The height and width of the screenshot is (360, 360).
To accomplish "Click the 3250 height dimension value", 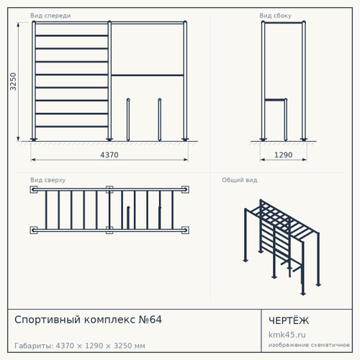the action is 13,81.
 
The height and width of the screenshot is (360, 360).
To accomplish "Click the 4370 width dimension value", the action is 109,155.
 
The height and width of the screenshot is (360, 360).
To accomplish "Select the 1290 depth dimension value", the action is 283,155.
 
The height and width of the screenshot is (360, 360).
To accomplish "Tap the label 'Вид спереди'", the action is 50,16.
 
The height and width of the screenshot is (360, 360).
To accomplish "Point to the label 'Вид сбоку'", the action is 275,16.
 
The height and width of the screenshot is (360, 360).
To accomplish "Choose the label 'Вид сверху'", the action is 48,180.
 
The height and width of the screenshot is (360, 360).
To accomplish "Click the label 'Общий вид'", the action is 240,180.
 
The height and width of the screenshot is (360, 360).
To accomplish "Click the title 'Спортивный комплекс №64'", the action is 88,320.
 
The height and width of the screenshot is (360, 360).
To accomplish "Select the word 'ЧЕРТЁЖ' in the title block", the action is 289,320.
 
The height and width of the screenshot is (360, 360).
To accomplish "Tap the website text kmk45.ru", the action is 287,335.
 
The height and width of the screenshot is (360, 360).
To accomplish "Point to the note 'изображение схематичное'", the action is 309,345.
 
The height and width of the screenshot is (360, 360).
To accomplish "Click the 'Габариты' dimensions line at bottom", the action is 80,346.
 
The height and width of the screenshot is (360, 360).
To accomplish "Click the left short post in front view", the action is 128,120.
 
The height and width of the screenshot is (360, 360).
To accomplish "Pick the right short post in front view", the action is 160,120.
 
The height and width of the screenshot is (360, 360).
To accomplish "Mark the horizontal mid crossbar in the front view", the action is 148,76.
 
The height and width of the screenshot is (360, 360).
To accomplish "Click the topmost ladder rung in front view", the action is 71,36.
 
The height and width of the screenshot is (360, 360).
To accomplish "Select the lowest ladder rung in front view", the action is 71,126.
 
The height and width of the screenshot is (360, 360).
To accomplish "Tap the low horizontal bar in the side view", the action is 275,99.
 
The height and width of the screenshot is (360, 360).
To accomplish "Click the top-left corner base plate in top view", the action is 34,189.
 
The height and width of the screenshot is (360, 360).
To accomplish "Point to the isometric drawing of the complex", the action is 282,247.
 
